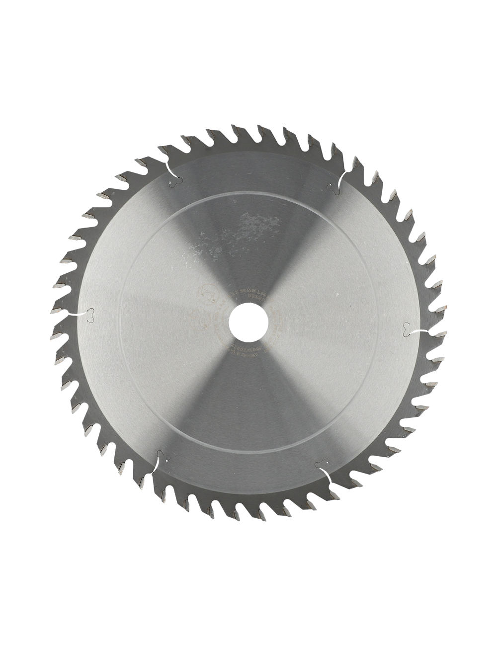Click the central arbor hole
point(248,323)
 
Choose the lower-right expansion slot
point(324,462)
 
